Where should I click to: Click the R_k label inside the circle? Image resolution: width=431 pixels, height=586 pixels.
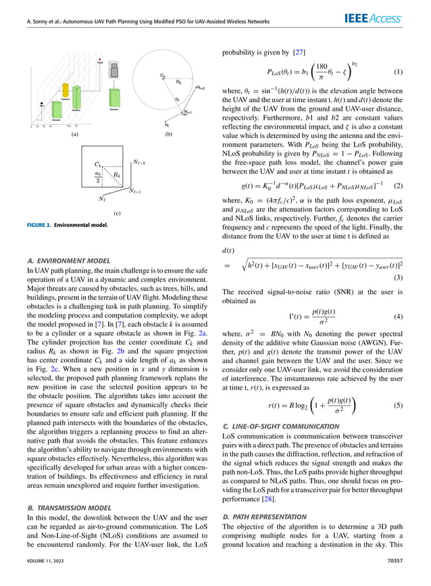tap(178, 81)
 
